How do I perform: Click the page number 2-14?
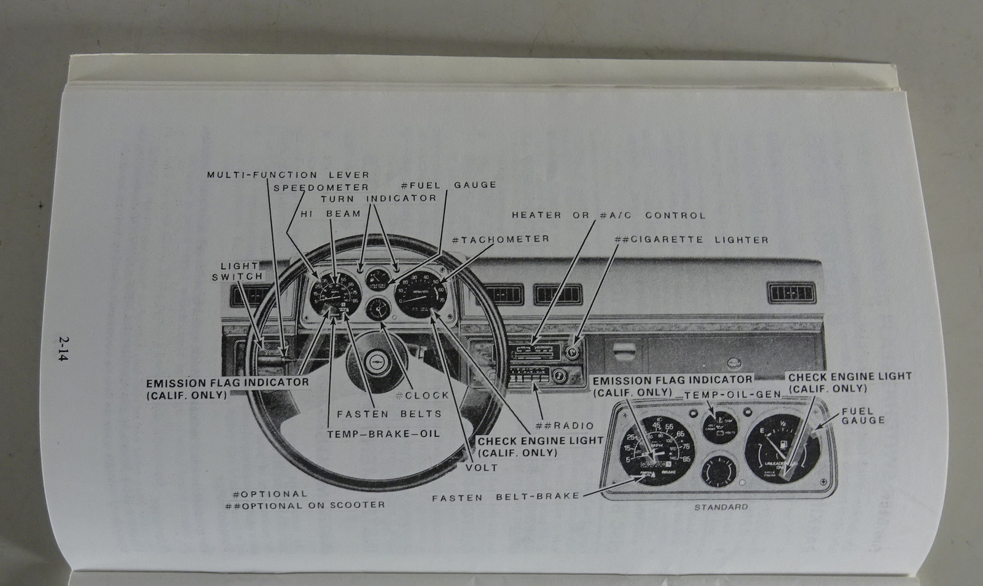pos(62,350)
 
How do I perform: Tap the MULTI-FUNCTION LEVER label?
pos(288,175)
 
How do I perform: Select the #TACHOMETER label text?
pos(500,239)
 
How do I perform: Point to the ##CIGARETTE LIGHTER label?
pos(691,240)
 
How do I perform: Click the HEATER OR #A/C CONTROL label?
pos(608,216)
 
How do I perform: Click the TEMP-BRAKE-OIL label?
pos(383,434)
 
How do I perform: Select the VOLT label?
pos(482,467)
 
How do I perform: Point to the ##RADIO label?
pos(565,426)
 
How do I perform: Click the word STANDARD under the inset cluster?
pos(721,507)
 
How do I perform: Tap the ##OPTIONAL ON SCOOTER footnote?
pos(305,505)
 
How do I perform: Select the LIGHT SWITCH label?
pos(237,271)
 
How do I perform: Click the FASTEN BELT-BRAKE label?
pos(506,497)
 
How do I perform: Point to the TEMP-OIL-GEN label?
pos(732,394)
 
